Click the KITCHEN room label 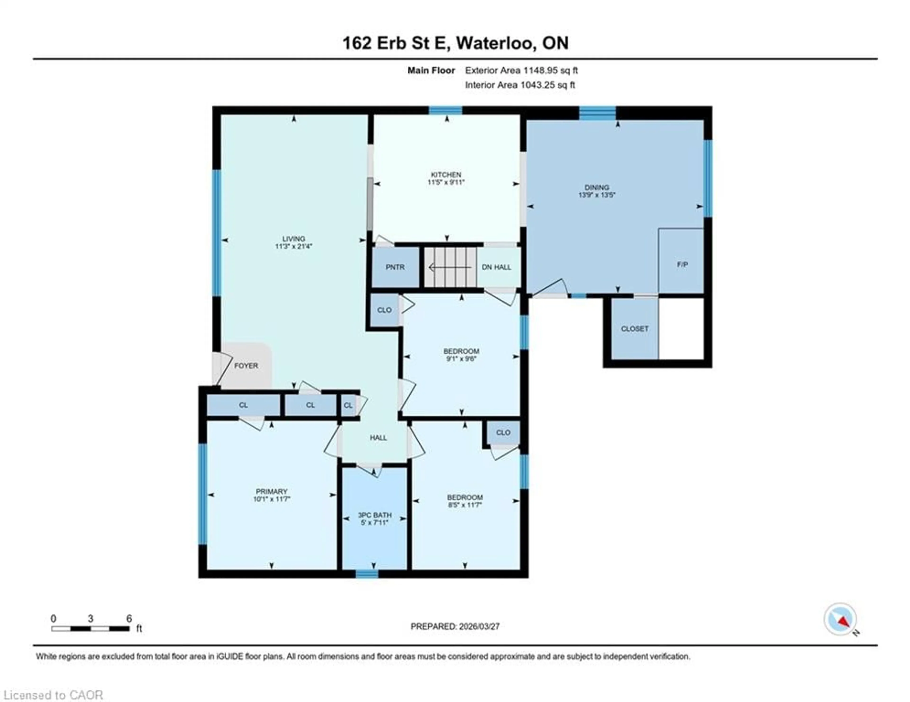point(446,175)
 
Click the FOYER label point(246,366)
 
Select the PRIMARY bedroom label point(271,491)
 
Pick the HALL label point(378,438)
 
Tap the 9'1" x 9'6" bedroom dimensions point(461,359)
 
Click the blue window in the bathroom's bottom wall point(367,574)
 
